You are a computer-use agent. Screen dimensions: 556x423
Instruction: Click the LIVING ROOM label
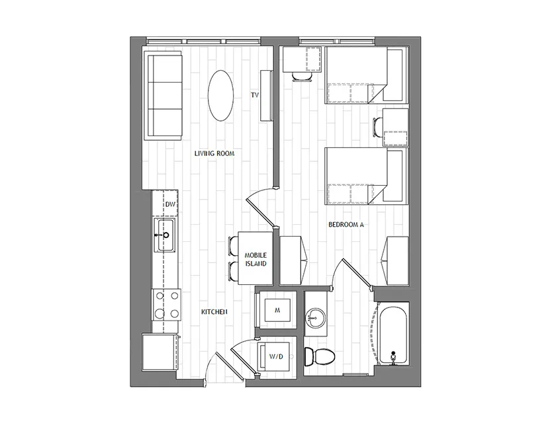(x=214, y=153)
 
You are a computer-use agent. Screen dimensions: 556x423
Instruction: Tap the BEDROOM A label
(x=346, y=225)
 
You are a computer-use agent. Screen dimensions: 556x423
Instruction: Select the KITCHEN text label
(x=214, y=312)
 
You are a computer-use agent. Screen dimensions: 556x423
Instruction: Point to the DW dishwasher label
(x=171, y=204)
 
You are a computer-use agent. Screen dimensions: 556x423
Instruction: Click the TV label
(x=255, y=95)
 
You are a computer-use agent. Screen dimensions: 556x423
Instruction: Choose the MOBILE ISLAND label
(x=255, y=260)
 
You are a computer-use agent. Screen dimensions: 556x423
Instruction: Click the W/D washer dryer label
(x=276, y=357)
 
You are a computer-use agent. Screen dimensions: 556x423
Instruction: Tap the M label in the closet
(x=277, y=310)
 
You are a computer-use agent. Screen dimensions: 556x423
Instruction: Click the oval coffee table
(x=220, y=96)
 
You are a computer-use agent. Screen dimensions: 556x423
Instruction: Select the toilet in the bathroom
(x=320, y=357)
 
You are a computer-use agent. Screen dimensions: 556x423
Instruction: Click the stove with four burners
(x=166, y=305)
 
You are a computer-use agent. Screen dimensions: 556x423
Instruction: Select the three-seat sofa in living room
(x=163, y=95)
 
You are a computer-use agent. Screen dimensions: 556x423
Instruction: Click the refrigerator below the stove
(x=160, y=352)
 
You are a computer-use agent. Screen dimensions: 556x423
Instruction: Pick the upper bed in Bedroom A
(x=367, y=75)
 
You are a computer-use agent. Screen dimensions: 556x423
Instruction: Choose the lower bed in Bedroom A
(x=367, y=176)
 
